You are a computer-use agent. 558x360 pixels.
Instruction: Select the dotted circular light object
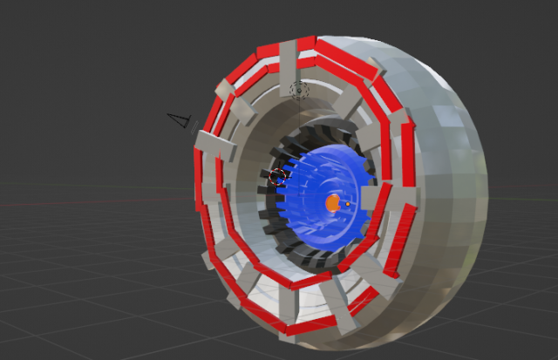(299, 89)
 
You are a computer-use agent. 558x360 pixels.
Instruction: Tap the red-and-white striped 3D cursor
(278, 175)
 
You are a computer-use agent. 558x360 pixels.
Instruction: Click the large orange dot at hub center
(332, 202)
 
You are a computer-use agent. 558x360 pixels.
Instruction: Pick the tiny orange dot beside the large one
(347, 204)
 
